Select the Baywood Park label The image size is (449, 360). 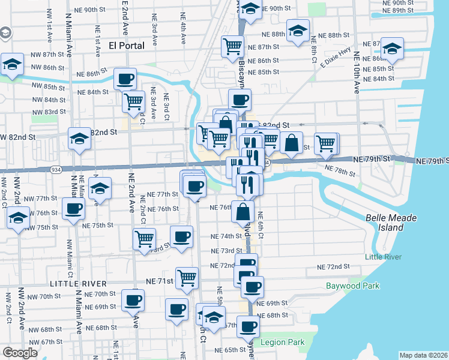(x=352, y=286)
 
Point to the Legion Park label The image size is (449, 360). (x=282, y=343)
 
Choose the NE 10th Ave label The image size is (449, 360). (x=357, y=72)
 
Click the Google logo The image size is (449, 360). (x=20, y=353)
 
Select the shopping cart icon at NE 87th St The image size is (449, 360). (x=232, y=46)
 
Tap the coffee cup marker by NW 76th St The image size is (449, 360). (x=73, y=209)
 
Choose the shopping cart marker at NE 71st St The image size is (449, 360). (x=187, y=277)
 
